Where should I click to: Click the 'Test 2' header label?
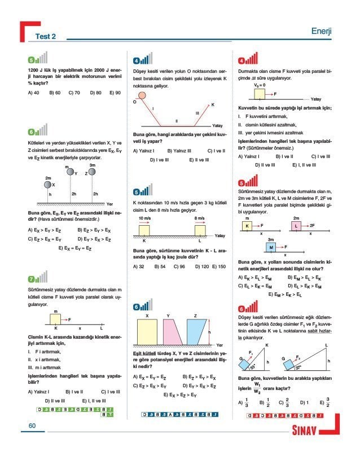46,37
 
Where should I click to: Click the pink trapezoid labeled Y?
172,332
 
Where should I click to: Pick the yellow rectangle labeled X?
147,332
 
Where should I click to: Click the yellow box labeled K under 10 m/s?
144,230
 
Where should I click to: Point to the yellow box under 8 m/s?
199,230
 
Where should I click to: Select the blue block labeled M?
271,247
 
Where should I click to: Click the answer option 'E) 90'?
115,92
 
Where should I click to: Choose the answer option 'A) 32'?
139,266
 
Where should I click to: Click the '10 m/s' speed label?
144,218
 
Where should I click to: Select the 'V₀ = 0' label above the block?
260,84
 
